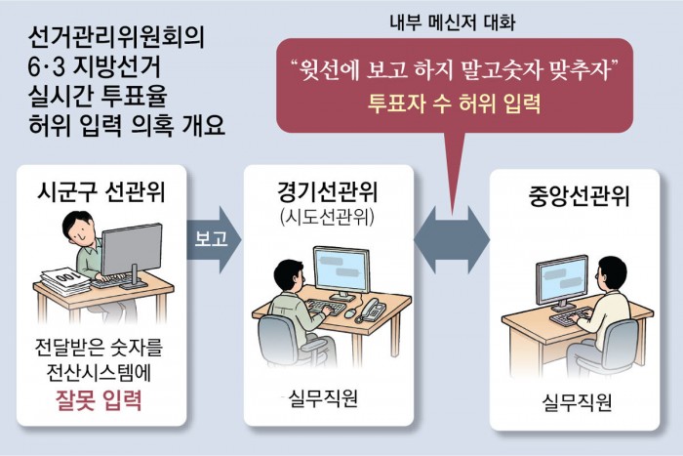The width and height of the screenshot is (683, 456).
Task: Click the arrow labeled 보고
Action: click(x=214, y=239)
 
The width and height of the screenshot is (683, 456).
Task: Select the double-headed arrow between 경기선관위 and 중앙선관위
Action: click(x=452, y=240)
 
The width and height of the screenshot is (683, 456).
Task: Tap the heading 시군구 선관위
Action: click(x=101, y=191)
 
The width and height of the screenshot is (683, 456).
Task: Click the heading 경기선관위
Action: click(x=328, y=191)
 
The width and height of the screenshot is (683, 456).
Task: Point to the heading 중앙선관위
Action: click(x=580, y=195)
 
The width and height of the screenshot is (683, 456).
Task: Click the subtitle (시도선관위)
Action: click(x=328, y=217)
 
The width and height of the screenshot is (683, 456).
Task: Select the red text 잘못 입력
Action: click(x=99, y=399)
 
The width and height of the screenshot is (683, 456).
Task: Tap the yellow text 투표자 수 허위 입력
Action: click(x=454, y=104)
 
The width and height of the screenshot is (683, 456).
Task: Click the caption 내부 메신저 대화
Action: click(x=453, y=22)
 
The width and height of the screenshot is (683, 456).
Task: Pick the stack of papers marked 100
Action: click(x=64, y=281)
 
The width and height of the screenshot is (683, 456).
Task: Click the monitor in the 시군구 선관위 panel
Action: click(x=132, y=252)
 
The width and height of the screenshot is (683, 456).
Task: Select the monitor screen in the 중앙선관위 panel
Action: click(x=561, y=279)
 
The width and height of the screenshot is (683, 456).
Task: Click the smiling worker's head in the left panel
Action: click(x=78, y=228)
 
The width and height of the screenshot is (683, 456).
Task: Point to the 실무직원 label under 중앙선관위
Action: click(x=578, y=402)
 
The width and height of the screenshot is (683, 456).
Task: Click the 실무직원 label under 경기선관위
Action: click(x=323, y=398)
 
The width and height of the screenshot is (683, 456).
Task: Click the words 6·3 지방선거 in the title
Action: click(x=95, y=66)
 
